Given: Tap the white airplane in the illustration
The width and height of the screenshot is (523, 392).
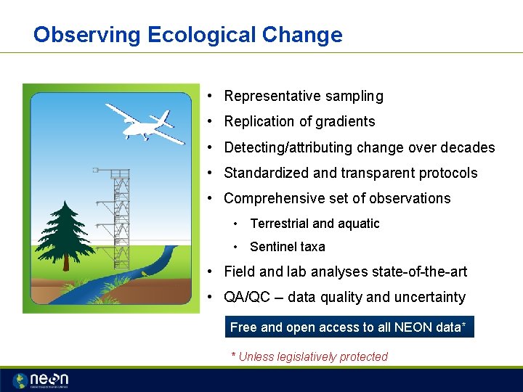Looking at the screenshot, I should [x=145, y=123].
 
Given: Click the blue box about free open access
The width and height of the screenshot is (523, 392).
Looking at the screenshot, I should [x=349, y=327].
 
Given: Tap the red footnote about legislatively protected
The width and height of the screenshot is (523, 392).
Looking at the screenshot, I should [x=309, y=356].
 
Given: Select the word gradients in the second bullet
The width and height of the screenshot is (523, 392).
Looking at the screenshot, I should [x=344, y=121].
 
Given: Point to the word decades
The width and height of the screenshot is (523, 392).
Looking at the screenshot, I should [x=466, y=147].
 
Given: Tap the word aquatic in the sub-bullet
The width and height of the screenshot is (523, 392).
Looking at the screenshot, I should [x=357, y=224].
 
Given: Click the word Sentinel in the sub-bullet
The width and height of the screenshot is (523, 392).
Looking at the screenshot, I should [x=273, y=246].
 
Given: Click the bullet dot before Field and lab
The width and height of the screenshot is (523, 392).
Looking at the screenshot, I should [x=208, y=271].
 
